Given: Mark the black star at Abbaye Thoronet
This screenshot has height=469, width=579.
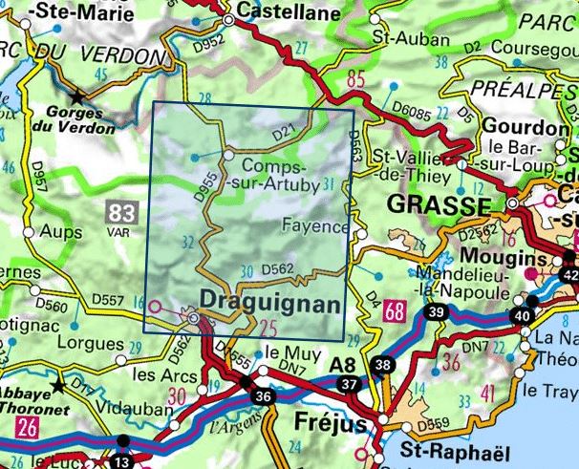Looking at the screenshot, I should (59, 386).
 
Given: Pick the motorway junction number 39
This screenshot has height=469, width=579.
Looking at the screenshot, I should (436, 313).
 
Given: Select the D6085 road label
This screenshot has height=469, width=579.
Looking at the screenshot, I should (411, 113).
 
